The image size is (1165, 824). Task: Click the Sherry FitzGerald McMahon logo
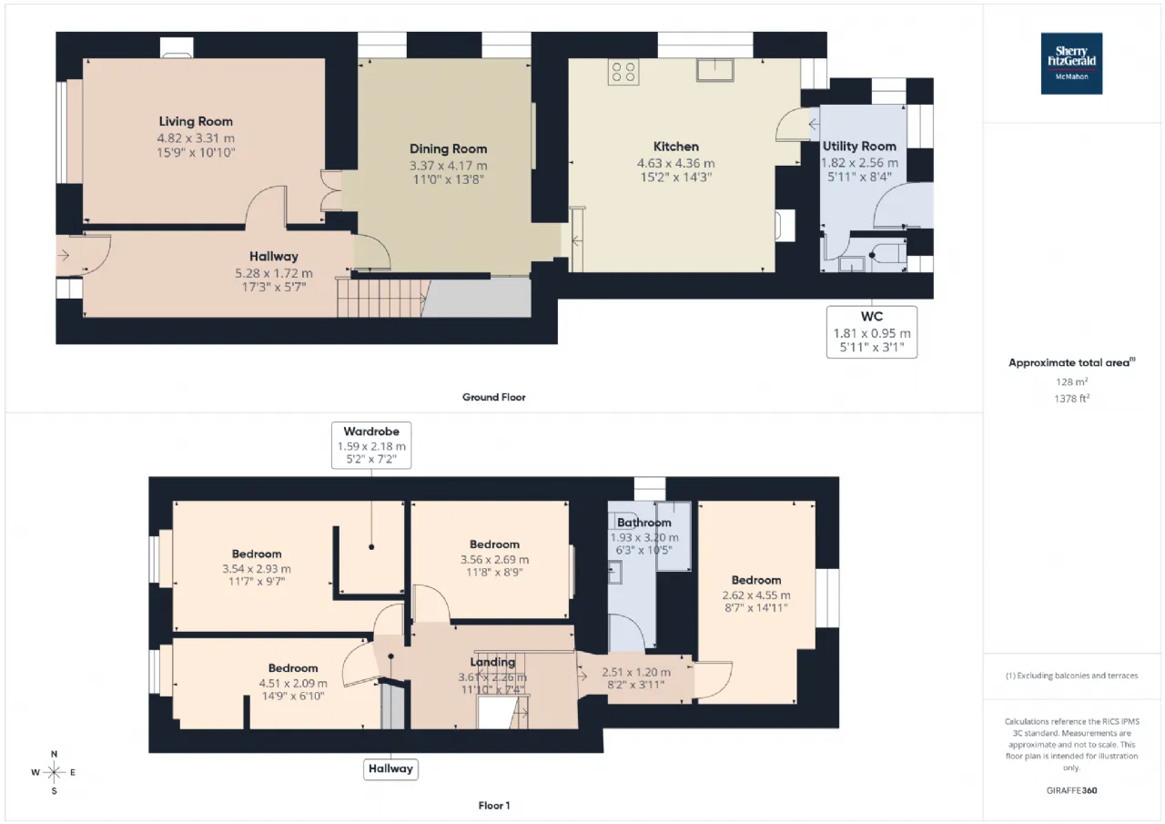point(1071,64)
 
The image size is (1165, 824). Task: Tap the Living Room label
point(196,121)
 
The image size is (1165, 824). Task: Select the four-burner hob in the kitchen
point(623,72)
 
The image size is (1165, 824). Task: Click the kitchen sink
point(715,70)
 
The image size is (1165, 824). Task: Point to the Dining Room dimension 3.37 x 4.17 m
point(449,166)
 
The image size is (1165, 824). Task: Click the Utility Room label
point(859,147)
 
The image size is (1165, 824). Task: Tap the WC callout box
point(872,332)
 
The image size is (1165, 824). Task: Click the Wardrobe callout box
point(371,445)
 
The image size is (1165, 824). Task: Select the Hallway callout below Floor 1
point(390,768)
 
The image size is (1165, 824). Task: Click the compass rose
point(54,772)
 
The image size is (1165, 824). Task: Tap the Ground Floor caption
point(494,398)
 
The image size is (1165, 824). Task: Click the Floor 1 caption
point(494,806)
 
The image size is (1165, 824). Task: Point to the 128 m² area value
point(1071,381)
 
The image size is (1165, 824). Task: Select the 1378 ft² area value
point(1071,399)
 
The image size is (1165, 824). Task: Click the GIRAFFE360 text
point(1071,790)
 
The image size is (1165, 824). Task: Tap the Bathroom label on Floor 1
point(643,523)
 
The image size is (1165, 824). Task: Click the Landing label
point(492,662)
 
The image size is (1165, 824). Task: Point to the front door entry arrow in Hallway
point(64,256)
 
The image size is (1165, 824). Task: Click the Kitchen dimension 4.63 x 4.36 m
point(676,163)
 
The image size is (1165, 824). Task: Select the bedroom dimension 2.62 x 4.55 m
point(756,595)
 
